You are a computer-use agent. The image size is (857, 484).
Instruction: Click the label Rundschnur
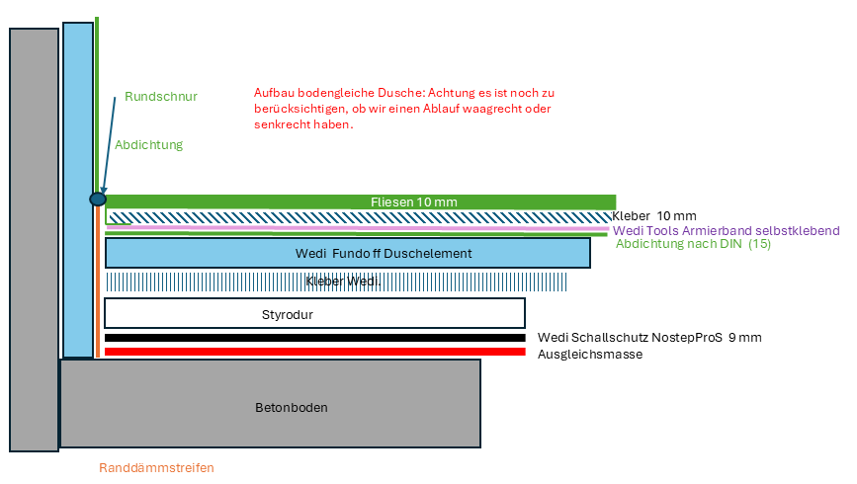click(161, 97)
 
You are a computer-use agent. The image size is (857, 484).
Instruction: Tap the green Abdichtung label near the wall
click(149, 144)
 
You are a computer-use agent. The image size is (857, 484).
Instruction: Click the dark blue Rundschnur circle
click(98, 200)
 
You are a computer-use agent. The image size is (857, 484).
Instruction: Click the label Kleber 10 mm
click(654, 216)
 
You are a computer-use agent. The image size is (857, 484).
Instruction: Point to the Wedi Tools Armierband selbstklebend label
click(727, 230)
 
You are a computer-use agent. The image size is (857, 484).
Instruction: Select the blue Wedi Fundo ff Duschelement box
click(347, 253)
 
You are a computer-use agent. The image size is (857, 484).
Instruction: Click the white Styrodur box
click(314, 313)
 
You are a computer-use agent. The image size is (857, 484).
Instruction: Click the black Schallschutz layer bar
click(314, 338)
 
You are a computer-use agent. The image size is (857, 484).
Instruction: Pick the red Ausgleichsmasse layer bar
click(314, 351)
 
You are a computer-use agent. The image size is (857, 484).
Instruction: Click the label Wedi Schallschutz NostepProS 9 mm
click(649, 338)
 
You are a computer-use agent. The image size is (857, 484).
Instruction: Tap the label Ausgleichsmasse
click(590, 354)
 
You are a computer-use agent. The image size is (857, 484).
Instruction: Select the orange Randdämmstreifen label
click(156, 468)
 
